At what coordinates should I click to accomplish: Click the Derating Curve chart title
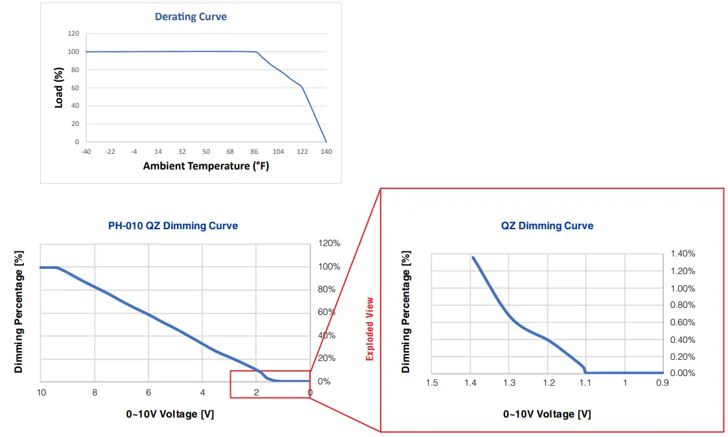tap(191, 16)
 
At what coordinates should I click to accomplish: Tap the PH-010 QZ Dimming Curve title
tap(172, 226)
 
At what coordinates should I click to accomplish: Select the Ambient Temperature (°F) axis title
tap(205, 166)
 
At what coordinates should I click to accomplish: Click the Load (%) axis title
tap(58, 88)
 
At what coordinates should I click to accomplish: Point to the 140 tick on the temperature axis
tap(326, 151)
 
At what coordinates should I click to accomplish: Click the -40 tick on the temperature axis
tap(86, 151)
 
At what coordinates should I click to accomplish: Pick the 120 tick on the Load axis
tap(73, 34)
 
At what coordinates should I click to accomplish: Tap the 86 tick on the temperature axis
tap(254, 151)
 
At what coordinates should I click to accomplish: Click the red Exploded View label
tap(370, 329)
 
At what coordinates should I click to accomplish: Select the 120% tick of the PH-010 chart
tap(328, 243)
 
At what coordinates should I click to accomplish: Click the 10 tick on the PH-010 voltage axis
tap(41, 392)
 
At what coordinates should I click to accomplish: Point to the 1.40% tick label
tap(683, 254)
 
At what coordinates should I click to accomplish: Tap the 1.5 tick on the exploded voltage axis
tap(432, 382)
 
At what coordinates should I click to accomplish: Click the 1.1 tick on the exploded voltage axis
tap(585, 382)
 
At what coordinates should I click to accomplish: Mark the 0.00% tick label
tap(683, 373)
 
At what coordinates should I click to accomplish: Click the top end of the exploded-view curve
tap(473, 257)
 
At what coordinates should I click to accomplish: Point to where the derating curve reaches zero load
tap(326, 142)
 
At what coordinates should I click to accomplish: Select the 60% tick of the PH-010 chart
tap(326, 312)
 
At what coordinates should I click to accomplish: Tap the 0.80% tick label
tap(683, 305)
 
